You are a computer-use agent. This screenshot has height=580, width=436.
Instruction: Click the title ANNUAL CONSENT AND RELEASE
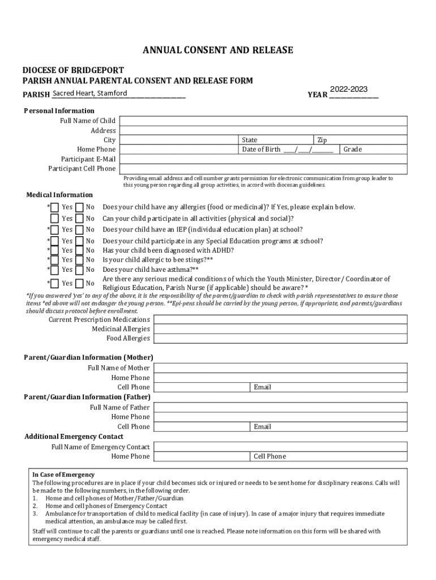[x=217, y=50]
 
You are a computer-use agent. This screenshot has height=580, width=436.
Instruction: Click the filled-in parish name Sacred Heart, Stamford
[x=89, y=93]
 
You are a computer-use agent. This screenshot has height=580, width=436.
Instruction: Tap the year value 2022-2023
[x=349, y=89]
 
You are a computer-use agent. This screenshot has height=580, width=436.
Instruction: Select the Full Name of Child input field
[x=263, y=121]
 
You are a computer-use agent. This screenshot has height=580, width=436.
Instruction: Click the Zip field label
[x=322, y=140]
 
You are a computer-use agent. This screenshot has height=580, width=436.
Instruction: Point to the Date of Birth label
[x=261, y=150]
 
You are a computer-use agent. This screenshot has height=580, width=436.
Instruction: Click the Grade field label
[x=352, y=150]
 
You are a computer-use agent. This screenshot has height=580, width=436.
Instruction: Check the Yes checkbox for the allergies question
[x=54, y=207]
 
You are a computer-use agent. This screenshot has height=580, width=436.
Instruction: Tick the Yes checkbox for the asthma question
[x=54, y=270]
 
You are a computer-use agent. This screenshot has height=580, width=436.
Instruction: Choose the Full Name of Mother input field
[x=280, y=368]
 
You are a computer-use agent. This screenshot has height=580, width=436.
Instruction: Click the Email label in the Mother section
[x=263, y=387]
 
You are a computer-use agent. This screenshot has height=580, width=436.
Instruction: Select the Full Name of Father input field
[x=280, y=407]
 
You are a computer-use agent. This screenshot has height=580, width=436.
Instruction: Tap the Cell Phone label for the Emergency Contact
[x=270, y=457]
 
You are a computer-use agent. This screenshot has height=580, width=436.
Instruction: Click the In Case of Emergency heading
[x=63, y=475]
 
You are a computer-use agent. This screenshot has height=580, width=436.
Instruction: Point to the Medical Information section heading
[x=59, y=195]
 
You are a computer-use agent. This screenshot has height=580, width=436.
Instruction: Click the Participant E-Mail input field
[x=263, y=159]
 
